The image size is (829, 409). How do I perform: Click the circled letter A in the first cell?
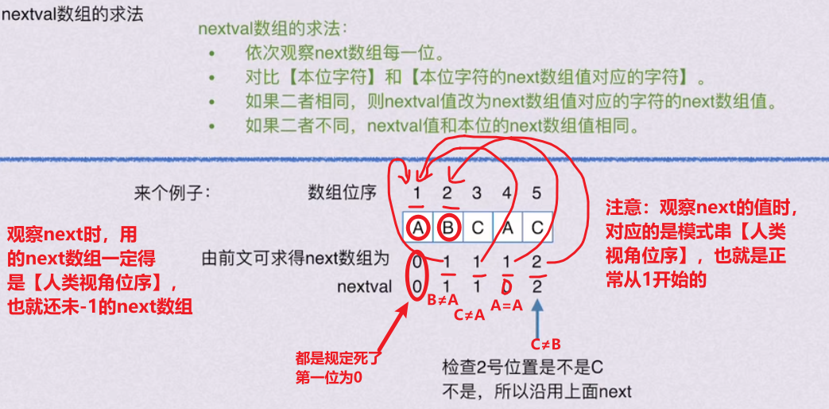418,228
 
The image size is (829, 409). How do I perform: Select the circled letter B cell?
447,228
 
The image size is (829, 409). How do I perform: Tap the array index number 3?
477,193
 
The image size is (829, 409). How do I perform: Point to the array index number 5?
537,193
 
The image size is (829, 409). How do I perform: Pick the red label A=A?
506,303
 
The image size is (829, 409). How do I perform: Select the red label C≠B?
544,344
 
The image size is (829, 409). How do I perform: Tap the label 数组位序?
343,193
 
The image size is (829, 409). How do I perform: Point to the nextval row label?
365,286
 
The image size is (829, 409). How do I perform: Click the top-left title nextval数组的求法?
73,15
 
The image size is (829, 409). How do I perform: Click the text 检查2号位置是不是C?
523,368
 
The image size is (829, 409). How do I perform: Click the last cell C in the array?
537,228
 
